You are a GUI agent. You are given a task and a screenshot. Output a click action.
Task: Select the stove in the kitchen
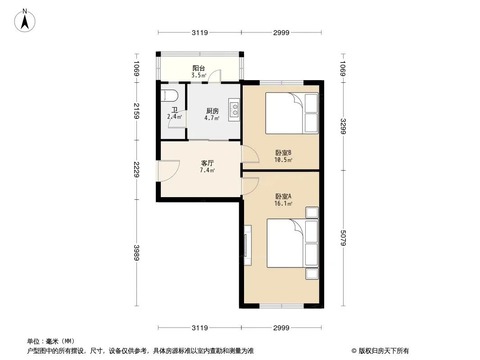pos(234,110)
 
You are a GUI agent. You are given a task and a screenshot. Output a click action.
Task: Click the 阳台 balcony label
pos(199,68)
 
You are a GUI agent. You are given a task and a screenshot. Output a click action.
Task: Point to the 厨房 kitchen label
pos(212,111)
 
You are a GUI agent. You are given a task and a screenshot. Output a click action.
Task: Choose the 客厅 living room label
pos(207,163)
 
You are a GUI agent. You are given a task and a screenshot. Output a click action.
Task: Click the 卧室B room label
pos(283,153)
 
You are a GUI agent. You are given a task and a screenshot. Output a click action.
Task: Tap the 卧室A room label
pos(283,196)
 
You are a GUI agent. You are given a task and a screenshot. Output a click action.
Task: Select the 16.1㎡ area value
pos(283,204)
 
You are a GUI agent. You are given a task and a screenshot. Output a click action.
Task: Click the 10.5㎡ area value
pos(283,160)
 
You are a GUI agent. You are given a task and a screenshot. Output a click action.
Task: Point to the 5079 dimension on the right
pos(343,238)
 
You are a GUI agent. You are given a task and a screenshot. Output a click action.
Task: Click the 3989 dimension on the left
pos(136,252)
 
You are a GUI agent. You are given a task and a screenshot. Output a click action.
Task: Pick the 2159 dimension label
pos(136,111)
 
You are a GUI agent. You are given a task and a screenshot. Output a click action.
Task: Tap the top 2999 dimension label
pos(281,33)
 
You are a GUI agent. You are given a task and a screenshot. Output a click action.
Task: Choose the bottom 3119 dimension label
pos(199,328)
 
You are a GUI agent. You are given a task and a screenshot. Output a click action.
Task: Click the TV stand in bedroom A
pos(248,245)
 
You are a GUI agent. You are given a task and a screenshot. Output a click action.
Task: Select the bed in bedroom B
pos(292,113)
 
